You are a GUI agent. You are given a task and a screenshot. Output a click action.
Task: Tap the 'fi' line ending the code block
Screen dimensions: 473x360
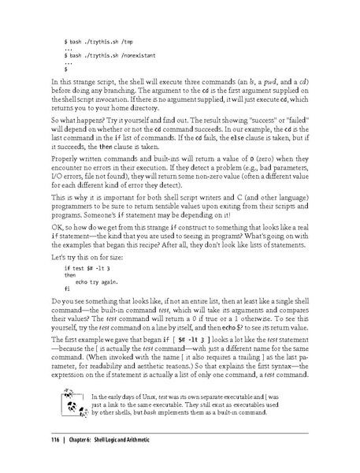pos(66,289)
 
